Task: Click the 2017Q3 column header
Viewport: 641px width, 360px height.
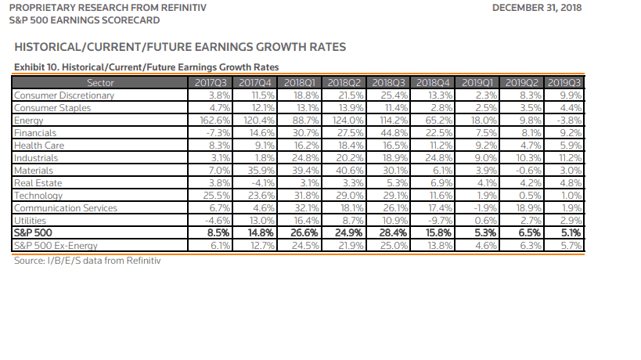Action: pyautogui.click(x=210, y=82)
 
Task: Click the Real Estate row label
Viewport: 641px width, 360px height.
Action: pyautogui.click(x=33, y=183)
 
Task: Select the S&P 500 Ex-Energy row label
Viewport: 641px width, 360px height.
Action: pyautogui.click(x=56, y=246)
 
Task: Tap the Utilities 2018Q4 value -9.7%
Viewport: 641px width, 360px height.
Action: pyautogui.click(x=438, y=221)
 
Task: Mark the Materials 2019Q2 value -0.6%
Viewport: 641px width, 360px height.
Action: pyautogui.click(x=524, y=171)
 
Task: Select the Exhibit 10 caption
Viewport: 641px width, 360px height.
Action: pyautogui.click(x=147, y=67)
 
